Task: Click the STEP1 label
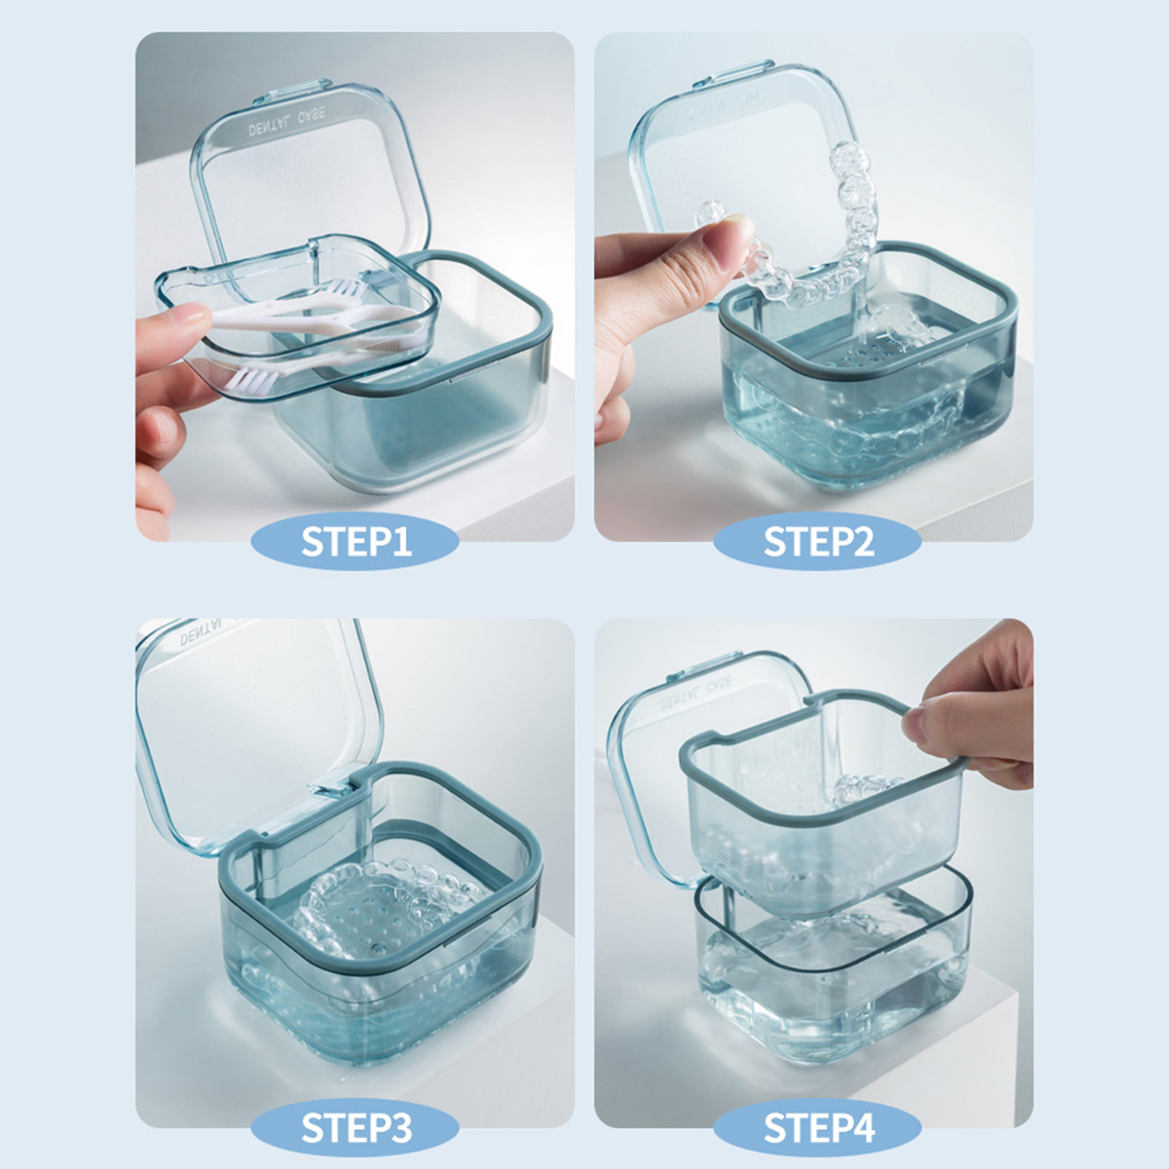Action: click(x=356, y=542)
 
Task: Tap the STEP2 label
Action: click(x=817, y=542)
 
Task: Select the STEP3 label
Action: click(x=356, y=1128)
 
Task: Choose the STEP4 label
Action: click(x=817, y=1128)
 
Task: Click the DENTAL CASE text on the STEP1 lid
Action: click(x=287, y=123)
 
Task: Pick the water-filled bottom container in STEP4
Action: click(x=833, y=984)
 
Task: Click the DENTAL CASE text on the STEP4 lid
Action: click(x=697, y=694)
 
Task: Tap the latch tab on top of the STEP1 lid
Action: click(x=304, y=93)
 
